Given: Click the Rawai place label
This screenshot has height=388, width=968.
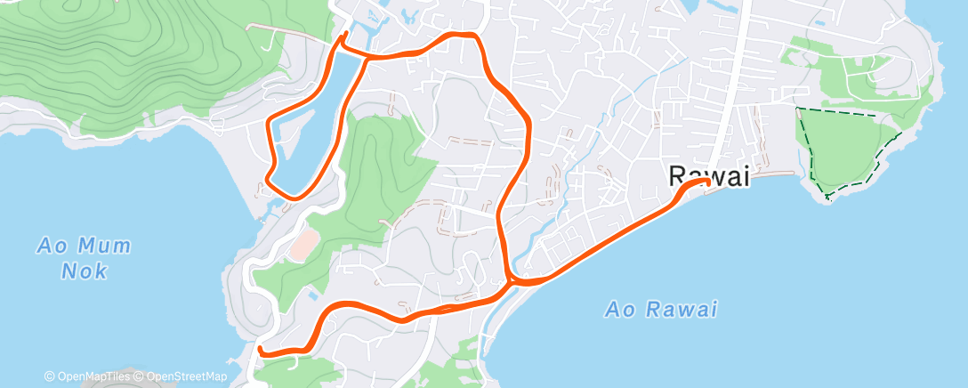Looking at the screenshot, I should point(708,177).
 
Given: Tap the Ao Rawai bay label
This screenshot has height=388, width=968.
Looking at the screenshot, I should point(660,310).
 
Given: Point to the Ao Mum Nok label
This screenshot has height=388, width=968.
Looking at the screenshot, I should point(85,257).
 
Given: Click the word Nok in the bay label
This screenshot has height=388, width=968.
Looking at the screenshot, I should point(85,271).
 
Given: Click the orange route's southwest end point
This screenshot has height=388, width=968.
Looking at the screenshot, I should point(260,351).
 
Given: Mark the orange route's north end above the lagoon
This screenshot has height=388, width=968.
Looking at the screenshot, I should point(346,35).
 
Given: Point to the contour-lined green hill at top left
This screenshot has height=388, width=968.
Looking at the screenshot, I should point(133,53).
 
